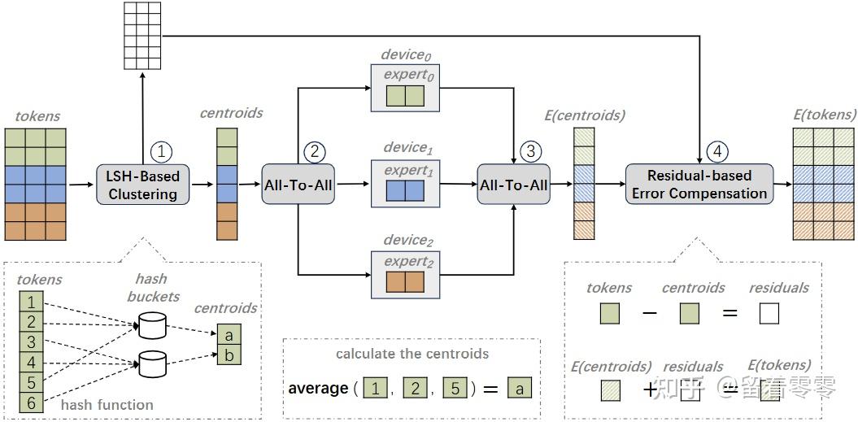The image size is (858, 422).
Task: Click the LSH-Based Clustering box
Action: click(143, 185)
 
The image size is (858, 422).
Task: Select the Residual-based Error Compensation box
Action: click(699, 184)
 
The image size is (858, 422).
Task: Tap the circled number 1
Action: click(161, 151)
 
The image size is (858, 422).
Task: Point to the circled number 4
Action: click(716, 151)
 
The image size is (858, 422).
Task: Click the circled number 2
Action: click(314, 151)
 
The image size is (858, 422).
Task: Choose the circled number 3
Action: click(530, 151)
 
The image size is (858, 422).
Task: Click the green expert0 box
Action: click(406, 95)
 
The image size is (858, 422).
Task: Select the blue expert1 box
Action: click(406, 190)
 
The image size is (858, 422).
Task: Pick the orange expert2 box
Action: click(406, 281)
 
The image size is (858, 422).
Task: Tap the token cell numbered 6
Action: click(31, 402)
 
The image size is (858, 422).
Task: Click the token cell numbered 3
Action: click(31, 342)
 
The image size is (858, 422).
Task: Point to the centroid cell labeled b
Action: click(229, 355)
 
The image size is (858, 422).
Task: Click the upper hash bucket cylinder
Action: click(151, 326)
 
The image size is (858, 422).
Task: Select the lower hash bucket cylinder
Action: click(151, 364)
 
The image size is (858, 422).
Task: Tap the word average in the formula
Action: click(319, 389)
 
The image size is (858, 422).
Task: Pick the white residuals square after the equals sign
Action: click(769, 314)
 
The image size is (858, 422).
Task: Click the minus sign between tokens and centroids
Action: click(650, 314)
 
